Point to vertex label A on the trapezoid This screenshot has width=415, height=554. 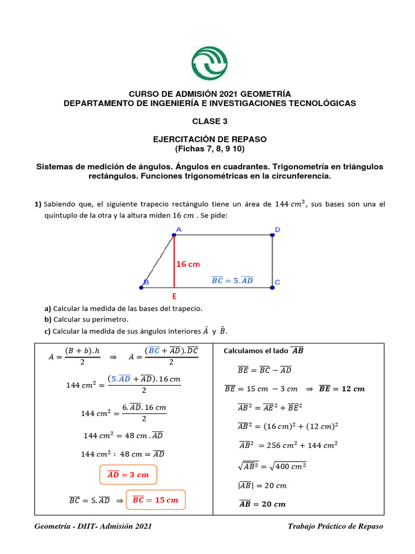click(x=178, y=229)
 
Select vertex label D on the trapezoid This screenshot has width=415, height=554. click(x=277, y=229)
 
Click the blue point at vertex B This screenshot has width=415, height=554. click(x=141, y=287)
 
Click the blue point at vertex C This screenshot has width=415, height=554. click(x=272, y=287)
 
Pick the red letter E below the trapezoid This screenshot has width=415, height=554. click(x=174, y=296)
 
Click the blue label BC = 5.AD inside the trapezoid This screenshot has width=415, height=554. click(x=232, y=280)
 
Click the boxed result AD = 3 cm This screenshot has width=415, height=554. click(x=128, y=474)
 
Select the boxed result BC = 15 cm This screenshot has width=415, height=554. click(x=155, y=500)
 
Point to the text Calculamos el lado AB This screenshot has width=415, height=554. click(x=263, y=351)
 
